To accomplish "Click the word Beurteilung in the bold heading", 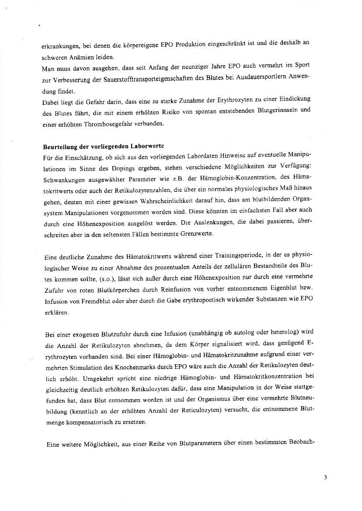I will [59, 146].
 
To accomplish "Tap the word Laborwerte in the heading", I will [143, 146].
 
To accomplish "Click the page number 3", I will [325, 477].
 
